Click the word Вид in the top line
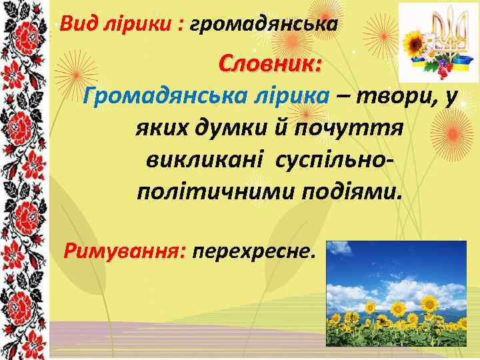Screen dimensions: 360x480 74,25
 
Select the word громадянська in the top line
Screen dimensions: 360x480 263,25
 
